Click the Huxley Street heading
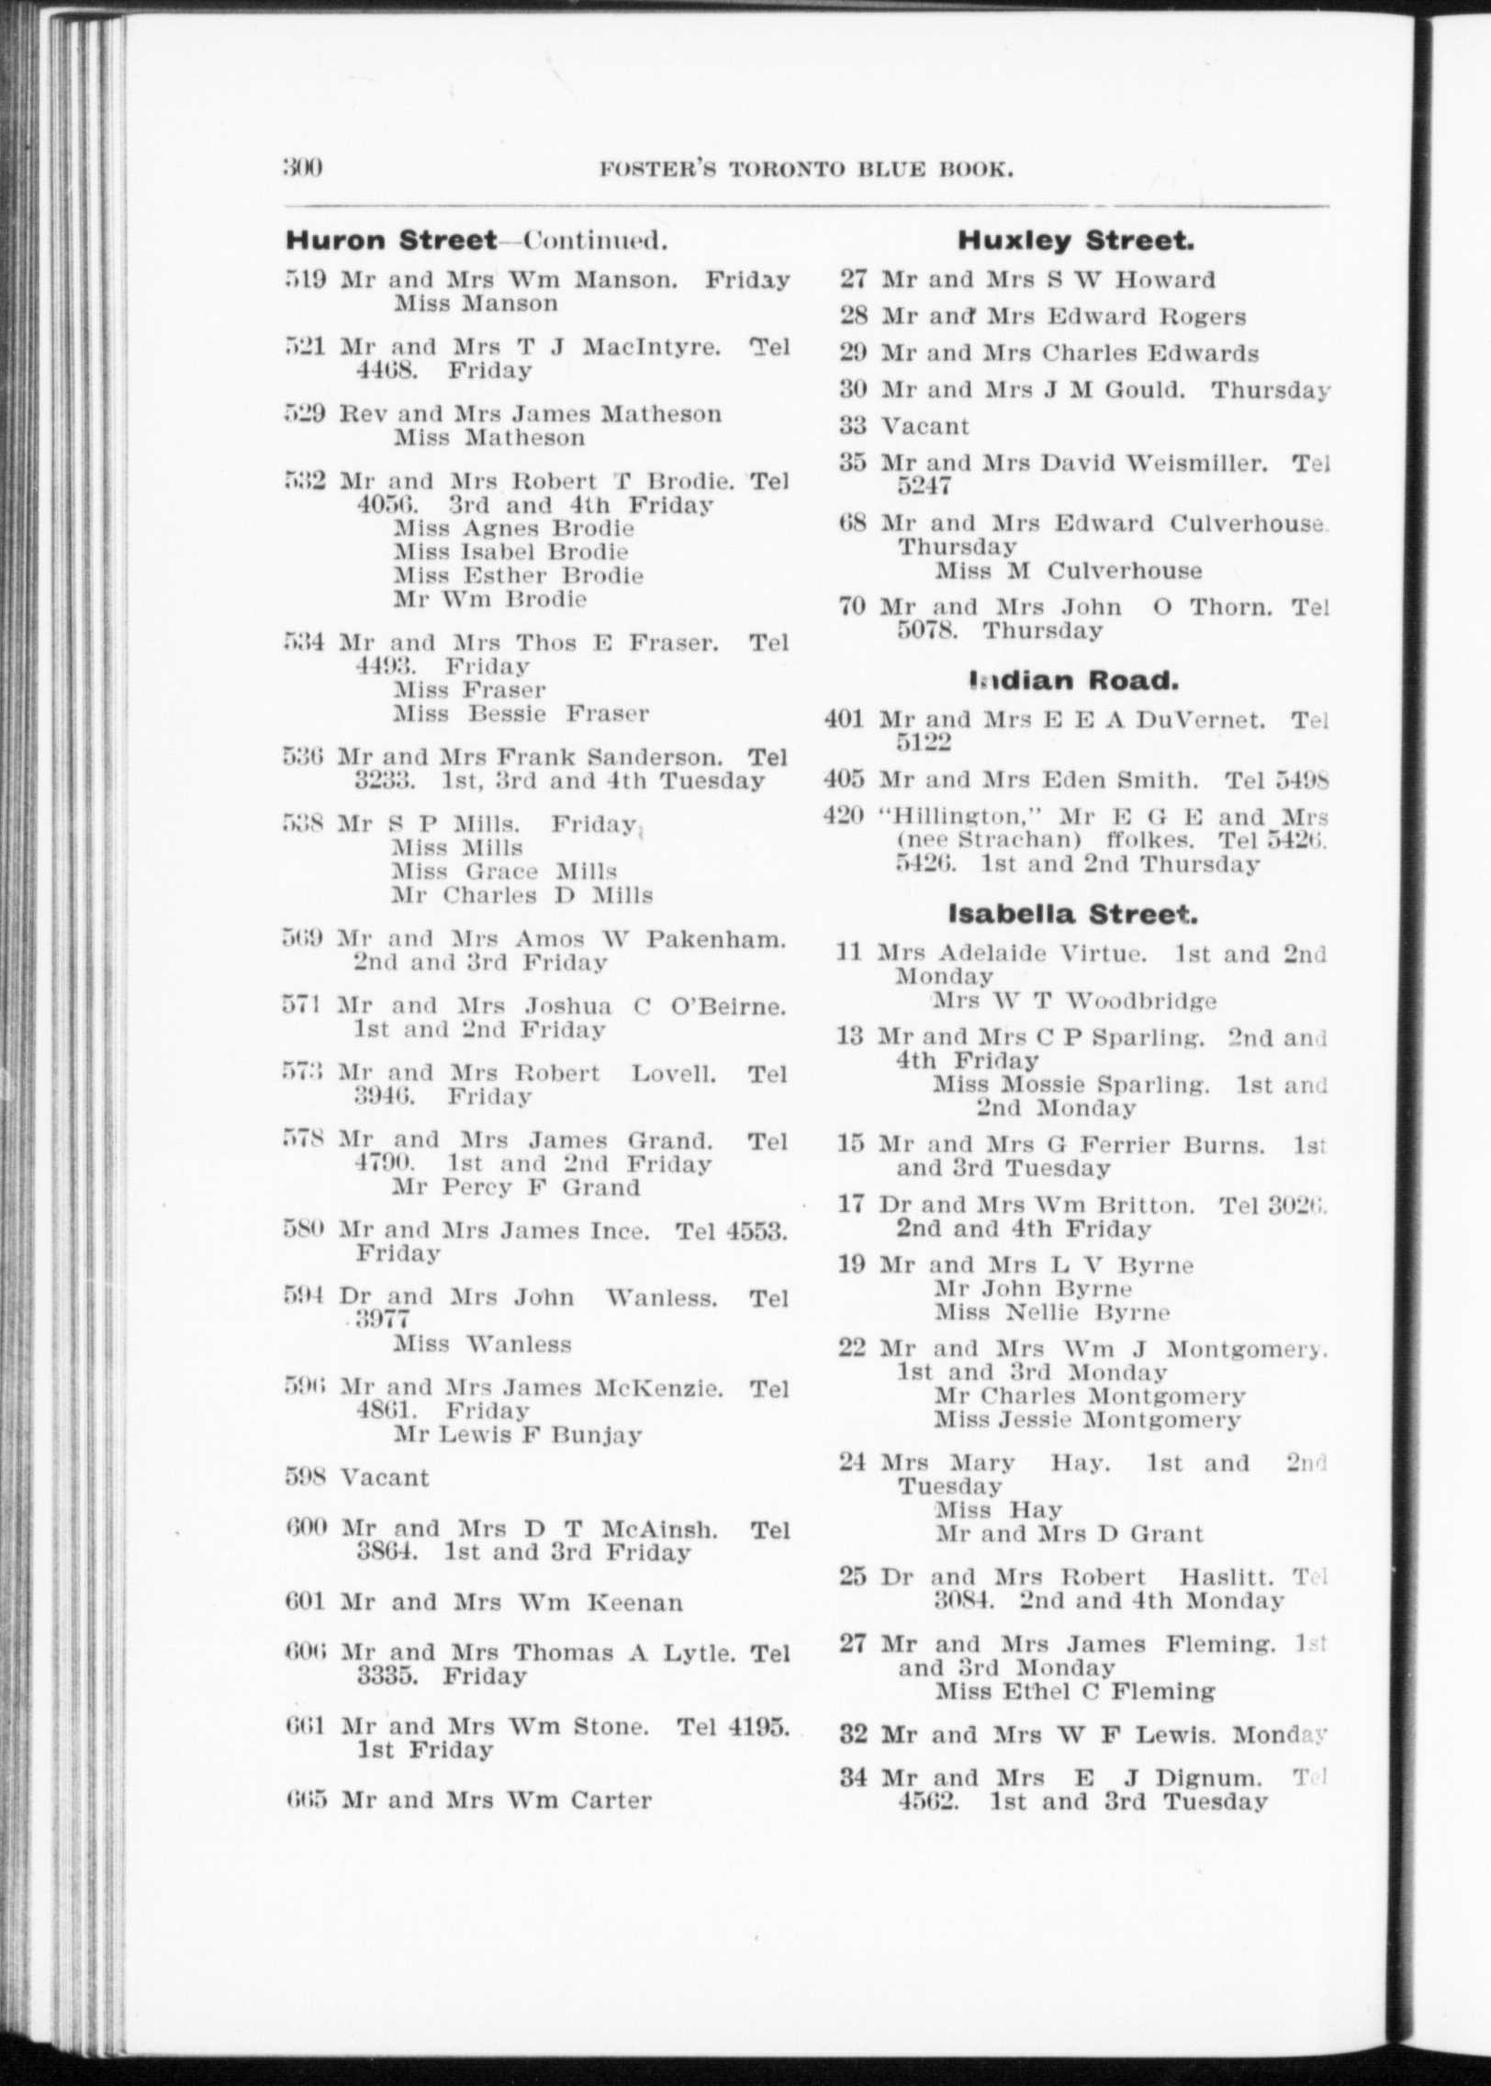(1075, 241)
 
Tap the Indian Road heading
(1073, 680)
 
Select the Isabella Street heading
(1072, 914)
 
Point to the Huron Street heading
(391, 241)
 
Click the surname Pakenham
(715, 939)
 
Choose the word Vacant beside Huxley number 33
(925, 426)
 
